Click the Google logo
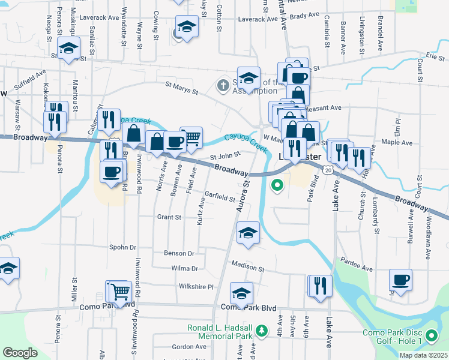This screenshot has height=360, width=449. pyautogui.click(x=20, y=353)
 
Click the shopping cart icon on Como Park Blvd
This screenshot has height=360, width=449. pyautogui.click(x=119, y=292)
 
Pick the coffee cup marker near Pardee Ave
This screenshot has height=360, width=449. pyautogui.click(x=400, y=279)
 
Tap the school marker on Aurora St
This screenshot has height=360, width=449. pyautogui.click(x=247, y=232)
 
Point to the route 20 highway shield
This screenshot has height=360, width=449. pyautogui.click(x=327, y=170)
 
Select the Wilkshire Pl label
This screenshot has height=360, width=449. pyautogui.click(x=196, y=287)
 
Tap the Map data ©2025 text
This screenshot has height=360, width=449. pyautogui.click(x=424, y=355)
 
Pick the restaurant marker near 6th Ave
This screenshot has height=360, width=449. pyautogui.click(x=319, y=286)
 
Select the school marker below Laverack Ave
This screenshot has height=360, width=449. pyautogui.click(x=187, y=27)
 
